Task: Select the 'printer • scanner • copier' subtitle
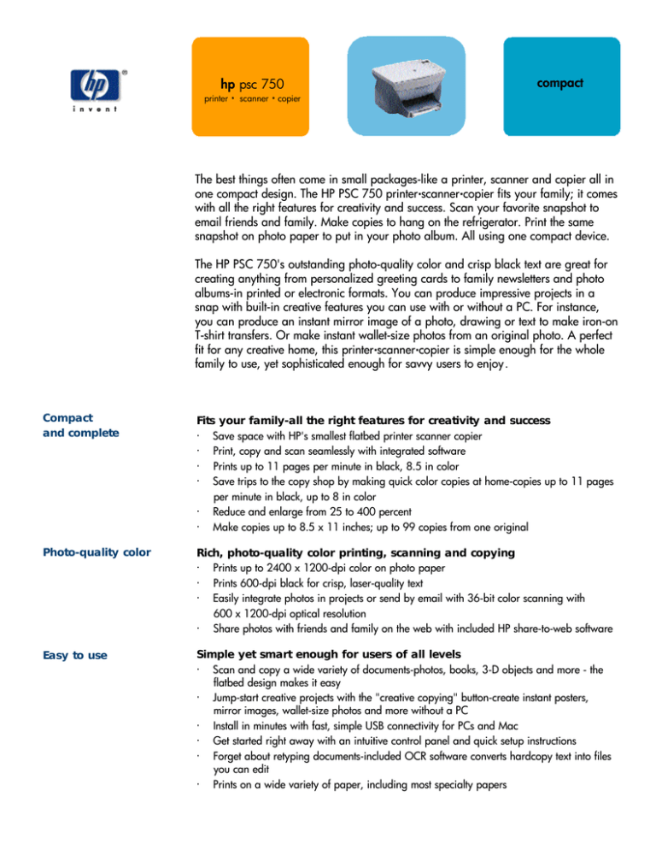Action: pos(251,99)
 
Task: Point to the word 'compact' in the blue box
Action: pos(559,83)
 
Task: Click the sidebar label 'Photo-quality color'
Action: pos(96,552)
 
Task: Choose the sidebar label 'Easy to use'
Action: pos(75,656)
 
